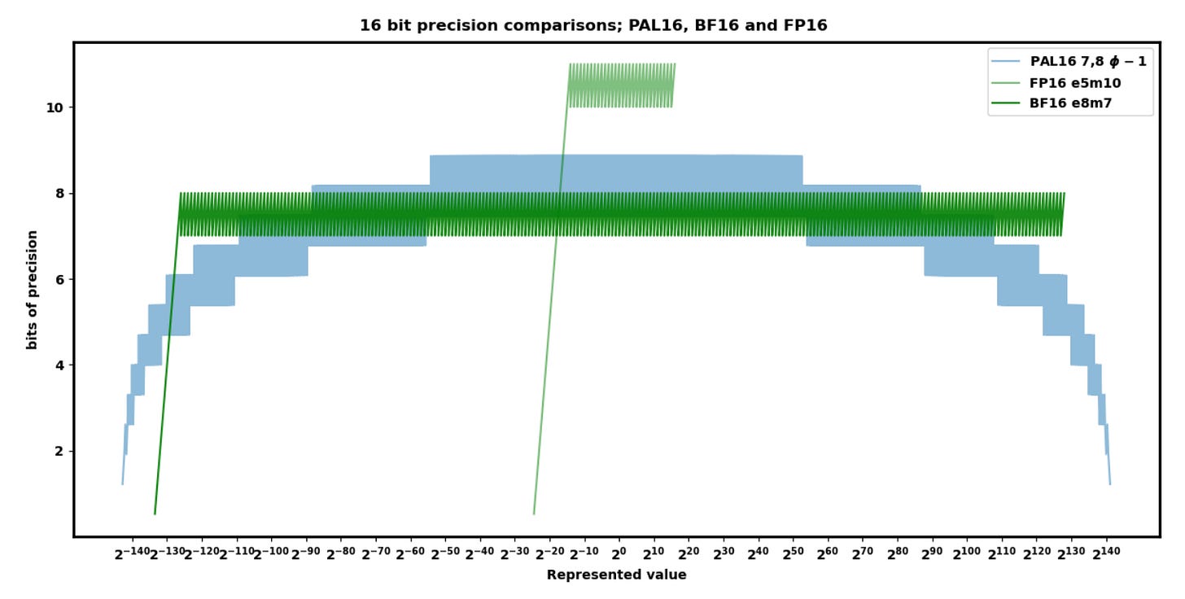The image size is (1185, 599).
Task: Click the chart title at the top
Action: click(593, 25)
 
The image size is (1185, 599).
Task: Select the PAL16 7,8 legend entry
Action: click(1087, 61)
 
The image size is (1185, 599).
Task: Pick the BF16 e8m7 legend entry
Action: click(1071, 103)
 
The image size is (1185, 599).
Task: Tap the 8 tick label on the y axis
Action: click(59, 194)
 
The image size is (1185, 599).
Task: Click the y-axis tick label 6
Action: click(59, 279)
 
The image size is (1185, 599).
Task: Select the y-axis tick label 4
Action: click(59, 365)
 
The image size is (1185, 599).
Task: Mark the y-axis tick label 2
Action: click(59, 451)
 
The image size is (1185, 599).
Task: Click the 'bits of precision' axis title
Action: click(33, 290)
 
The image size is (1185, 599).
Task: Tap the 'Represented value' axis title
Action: click(616, 575)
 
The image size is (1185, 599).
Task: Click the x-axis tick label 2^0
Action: click(619, 554)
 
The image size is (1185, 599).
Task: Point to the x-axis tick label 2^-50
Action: click(445, 554)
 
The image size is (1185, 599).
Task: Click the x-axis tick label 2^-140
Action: click(131, 554)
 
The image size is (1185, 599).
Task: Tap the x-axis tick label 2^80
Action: click(898, 554)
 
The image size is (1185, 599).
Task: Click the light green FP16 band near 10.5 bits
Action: click(621, 85)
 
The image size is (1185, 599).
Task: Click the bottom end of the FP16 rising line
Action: click(534, 514)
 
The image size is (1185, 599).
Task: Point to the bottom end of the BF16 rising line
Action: click(155, 514)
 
